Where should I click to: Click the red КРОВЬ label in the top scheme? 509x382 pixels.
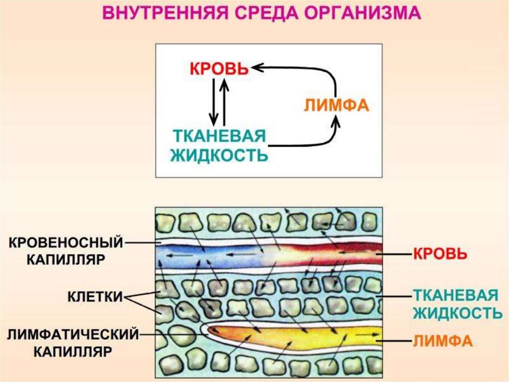(x=218, y=69)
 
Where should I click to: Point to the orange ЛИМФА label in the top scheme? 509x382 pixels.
(x=336, y=106)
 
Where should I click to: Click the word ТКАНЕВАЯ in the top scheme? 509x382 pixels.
(x=218, y=137)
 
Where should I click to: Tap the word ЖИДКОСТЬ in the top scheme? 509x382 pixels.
(x=219, y=155)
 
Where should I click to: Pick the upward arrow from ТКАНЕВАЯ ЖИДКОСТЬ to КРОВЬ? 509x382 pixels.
(x=225, y=102)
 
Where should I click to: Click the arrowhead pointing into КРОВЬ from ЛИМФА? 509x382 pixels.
(x=256, y=67)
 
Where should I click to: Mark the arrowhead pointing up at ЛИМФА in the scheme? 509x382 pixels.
(x=337, y=121)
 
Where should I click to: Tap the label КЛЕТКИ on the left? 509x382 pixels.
(x=95, y=297)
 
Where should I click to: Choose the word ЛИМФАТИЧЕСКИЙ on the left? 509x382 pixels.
(x=73, y=334)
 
